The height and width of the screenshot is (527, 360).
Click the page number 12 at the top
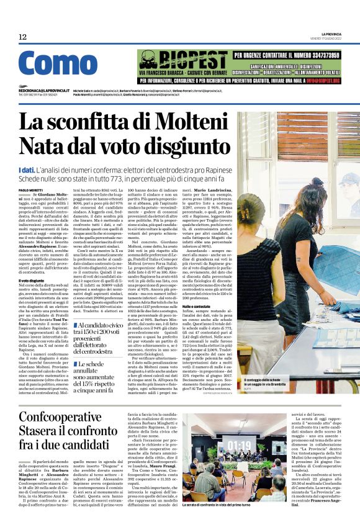22,37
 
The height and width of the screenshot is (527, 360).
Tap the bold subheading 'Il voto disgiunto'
32,281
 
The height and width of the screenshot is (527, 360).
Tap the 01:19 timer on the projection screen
240,446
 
